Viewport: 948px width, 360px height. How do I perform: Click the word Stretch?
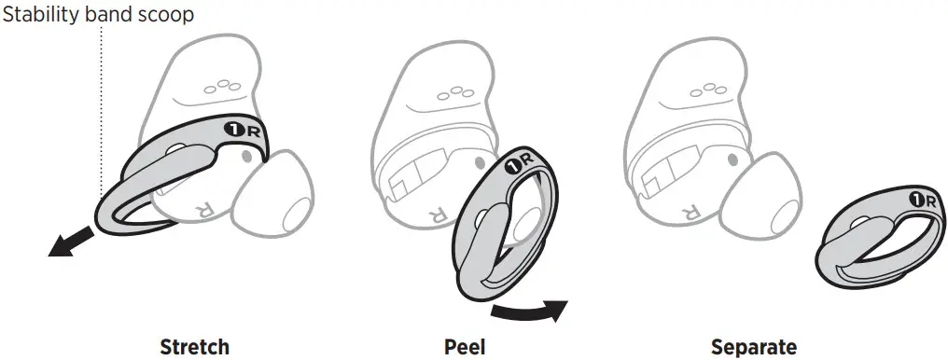[x=194, y=348]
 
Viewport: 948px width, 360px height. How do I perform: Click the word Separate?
[x=754, y=348]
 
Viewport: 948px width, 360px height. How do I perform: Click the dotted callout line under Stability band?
[x=100, y=112]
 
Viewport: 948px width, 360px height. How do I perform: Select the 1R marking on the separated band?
[x=922, y=200]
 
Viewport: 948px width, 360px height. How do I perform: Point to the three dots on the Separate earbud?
[x=711, y=90]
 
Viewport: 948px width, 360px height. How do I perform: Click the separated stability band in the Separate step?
[x=872, y=239]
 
